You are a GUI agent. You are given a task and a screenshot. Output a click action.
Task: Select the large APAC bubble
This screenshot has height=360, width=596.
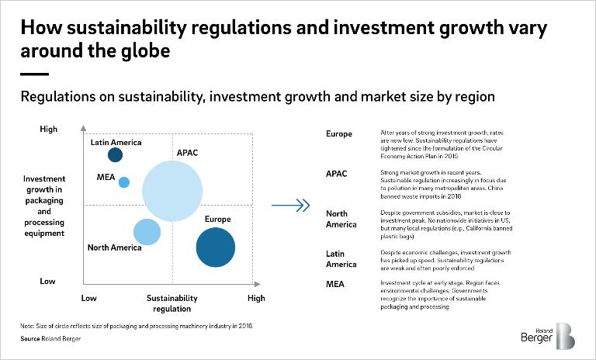(172, 192)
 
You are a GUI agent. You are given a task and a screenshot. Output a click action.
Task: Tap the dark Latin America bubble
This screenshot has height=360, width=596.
(115, 155)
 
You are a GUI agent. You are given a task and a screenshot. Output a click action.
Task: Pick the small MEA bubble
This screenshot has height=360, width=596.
(123, 182)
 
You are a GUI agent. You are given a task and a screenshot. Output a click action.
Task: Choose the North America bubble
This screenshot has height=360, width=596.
(147, 231)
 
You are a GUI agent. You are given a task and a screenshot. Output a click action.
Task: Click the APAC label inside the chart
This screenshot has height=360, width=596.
(187, 152)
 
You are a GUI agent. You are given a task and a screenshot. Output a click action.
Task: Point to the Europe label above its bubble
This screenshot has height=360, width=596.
(217, 220)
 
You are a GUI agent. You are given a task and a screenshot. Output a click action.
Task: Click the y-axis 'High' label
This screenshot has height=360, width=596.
(48, 130)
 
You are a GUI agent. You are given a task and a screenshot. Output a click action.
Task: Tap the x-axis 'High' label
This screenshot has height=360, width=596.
(255, 298)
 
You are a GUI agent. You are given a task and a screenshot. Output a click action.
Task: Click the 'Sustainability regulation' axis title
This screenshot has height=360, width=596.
(172, 303)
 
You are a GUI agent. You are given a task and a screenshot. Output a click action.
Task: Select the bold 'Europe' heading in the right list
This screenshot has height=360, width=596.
(339, 134)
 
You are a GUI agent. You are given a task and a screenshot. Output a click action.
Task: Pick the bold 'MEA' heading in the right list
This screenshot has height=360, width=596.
(335, 285)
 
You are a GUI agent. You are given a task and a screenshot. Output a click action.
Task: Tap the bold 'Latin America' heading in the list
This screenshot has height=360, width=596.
(341, 259)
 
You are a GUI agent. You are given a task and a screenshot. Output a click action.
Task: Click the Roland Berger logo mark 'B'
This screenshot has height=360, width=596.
(565, 337)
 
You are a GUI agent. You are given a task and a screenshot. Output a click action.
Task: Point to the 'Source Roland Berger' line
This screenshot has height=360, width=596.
(46, 339)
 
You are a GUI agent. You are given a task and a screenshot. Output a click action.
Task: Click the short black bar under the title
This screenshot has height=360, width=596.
(34, 74)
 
